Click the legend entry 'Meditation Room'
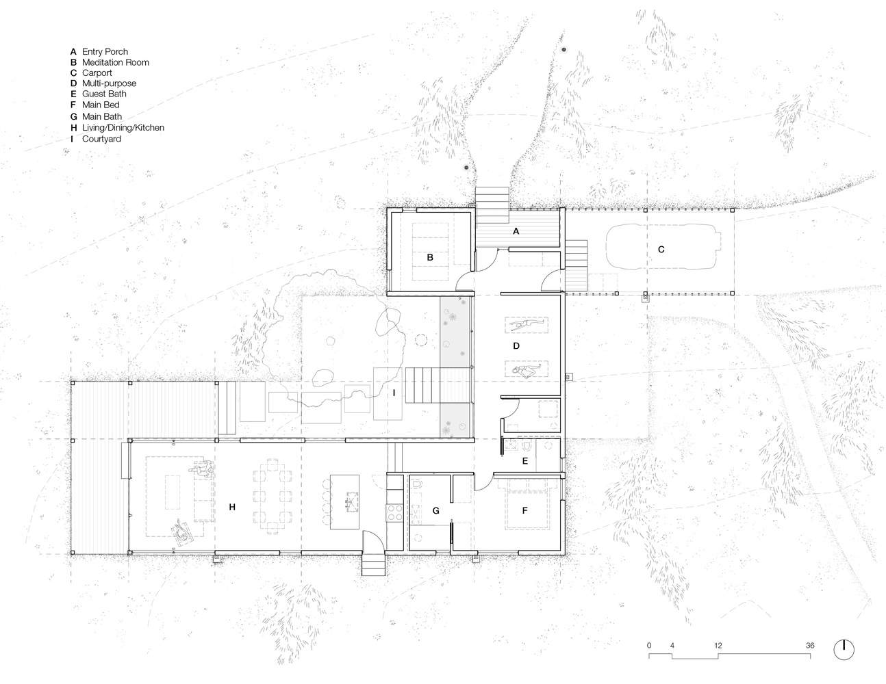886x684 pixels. pyautogui.click(x=116, y=62)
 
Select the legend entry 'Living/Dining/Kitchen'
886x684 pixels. pyautogui.click(x=123, y=127)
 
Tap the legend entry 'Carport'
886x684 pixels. pyautogui.click(x=97, y=73)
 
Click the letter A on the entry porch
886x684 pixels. pyautogui.click(x=516, y=231)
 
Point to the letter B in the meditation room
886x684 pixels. pyautogui.click(x=430, y=257)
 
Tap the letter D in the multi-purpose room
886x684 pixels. pyautogui.click(x=516, y=346)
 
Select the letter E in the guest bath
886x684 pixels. pyautogui.click(x=525, y=461)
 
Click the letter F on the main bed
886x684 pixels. pyautogui.click(x=525, y=510)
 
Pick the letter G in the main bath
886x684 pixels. pyautogui.click(x=436, y=510)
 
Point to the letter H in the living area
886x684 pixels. pyautogui.click(x=232, y=507)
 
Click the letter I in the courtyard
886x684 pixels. pyautogui.click(x=394, y=393)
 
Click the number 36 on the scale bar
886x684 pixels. pyautogui.click(x=810, y=645)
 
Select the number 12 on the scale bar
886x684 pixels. pyautogui.click(x=718, y=645)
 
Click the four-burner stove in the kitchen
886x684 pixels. pyautogui.click(x=394, y=512)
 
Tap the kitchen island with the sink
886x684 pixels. pyautogui.click(x=344, y=502)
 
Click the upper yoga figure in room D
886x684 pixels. pyautogui.click(x=527, y=324)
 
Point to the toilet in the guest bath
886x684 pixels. pyautogui.click(x=526, y=445)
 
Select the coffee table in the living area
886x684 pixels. pyautogui.click(x=173, y=492)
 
